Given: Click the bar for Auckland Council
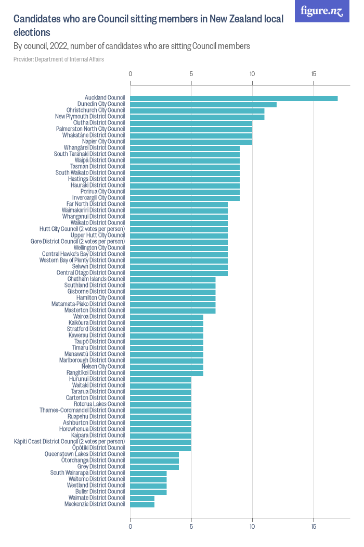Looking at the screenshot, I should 233,98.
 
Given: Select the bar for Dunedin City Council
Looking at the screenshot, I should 203,104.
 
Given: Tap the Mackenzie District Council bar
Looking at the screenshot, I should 142,504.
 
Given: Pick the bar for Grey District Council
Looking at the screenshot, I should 154,467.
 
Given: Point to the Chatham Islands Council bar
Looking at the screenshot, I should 173,279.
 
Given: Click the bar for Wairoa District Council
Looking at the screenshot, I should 166,317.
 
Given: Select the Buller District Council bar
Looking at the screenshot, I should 148,492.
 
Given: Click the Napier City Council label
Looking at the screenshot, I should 103,142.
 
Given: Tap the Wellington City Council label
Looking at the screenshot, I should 99,248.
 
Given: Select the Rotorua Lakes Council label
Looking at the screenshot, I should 99,404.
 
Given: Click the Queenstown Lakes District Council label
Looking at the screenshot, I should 85,454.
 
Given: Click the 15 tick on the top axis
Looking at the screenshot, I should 314,74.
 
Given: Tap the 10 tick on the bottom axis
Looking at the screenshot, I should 252,527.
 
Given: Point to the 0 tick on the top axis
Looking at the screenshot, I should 130,74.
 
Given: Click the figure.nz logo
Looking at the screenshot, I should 322,11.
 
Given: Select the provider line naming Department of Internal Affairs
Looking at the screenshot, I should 59,59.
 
